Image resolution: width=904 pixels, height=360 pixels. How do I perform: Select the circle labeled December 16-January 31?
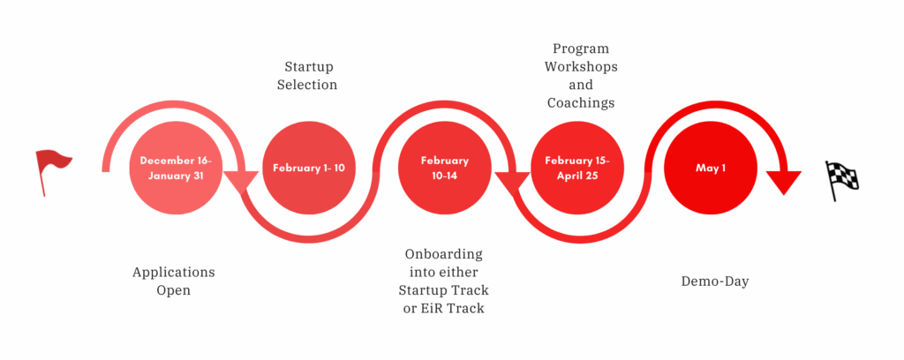(176, 169)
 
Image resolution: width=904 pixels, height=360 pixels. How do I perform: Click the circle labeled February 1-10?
(309, 169)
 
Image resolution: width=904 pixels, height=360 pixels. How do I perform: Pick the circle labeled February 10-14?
(445, 169)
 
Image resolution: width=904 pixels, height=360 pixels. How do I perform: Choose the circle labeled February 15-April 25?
(577, 169)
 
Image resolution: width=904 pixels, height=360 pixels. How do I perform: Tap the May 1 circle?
(711, 169)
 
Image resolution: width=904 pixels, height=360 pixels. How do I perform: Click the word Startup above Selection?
(309, 67)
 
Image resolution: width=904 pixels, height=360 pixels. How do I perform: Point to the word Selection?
(307, 85)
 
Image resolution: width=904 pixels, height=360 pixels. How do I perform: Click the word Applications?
(174, 273)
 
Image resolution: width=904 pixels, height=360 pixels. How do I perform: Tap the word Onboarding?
(444, 254)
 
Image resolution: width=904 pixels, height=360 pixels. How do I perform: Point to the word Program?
(581, 49)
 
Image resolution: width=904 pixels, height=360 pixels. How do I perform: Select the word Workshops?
(581, 67)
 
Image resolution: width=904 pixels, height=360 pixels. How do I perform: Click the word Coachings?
(581, 103)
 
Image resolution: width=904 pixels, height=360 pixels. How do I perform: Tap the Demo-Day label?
(715, 281)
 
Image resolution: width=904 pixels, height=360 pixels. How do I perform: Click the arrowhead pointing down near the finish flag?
(785, 182)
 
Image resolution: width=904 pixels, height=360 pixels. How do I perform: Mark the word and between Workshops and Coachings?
(581, 85)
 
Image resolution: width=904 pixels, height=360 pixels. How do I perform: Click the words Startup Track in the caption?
(444, 290)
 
